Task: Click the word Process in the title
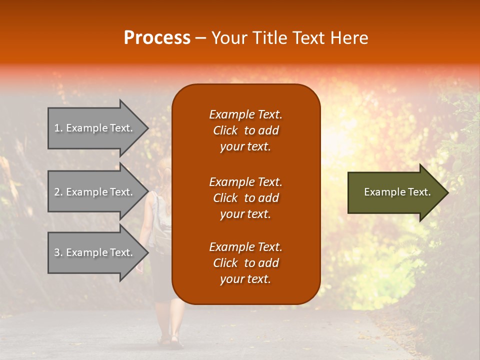[157, 38]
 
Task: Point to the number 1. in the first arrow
[58, 128]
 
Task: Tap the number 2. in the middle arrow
[58, 192]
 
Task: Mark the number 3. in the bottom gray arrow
[58, 252]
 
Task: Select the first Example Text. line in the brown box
[245, 114]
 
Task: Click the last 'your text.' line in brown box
[245, 279]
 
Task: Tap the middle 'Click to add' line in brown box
[245, 198]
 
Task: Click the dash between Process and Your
[200, 38]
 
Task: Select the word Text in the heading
[309, 38]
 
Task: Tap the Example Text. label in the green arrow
[397, 192]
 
